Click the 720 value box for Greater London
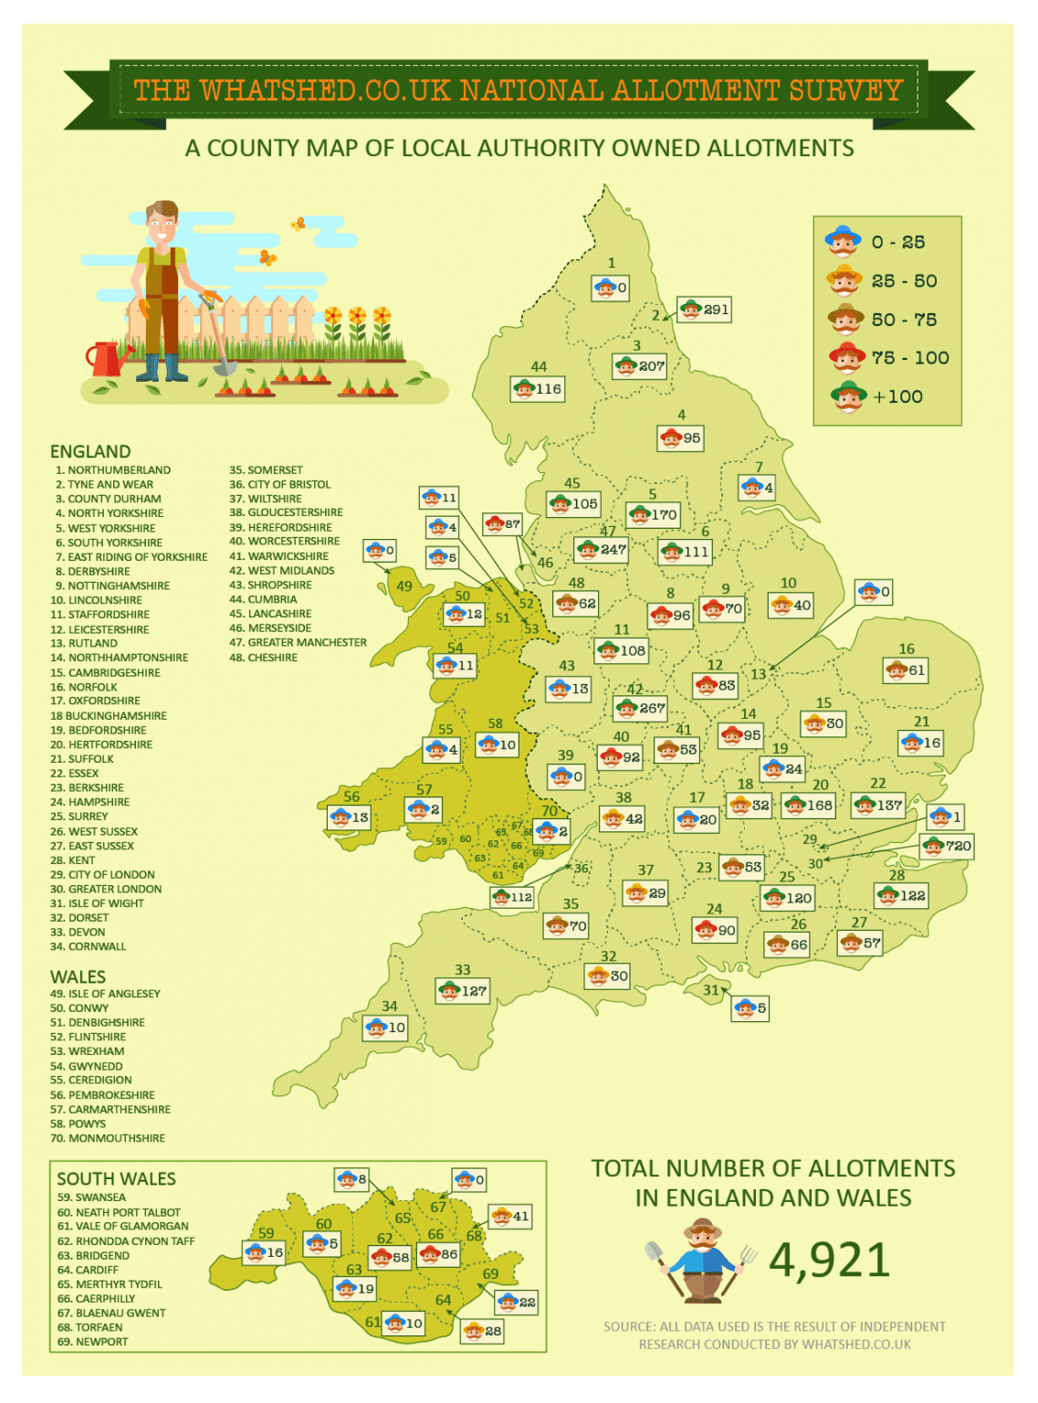[x=948, y=846]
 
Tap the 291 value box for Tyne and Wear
[x=704, y=310]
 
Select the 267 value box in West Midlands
[x=641, y=708]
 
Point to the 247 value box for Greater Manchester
[x=602, y=549]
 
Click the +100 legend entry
[x=877, y=396]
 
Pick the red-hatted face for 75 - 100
[x=847, y=357]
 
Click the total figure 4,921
[x=829, y=1261]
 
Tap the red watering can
[x=108, y=358]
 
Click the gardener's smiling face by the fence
[x=162, y=224]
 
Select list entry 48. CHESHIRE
[x=263, y=658]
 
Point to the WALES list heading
[x=78, y=976]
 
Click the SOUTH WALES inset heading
[x=116, y=1178]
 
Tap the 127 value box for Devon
[x=463, y=990]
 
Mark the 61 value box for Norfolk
[x=907, y=670]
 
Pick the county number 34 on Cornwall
[x=390, y=1006]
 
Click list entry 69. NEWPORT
[x=92, y=1342]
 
